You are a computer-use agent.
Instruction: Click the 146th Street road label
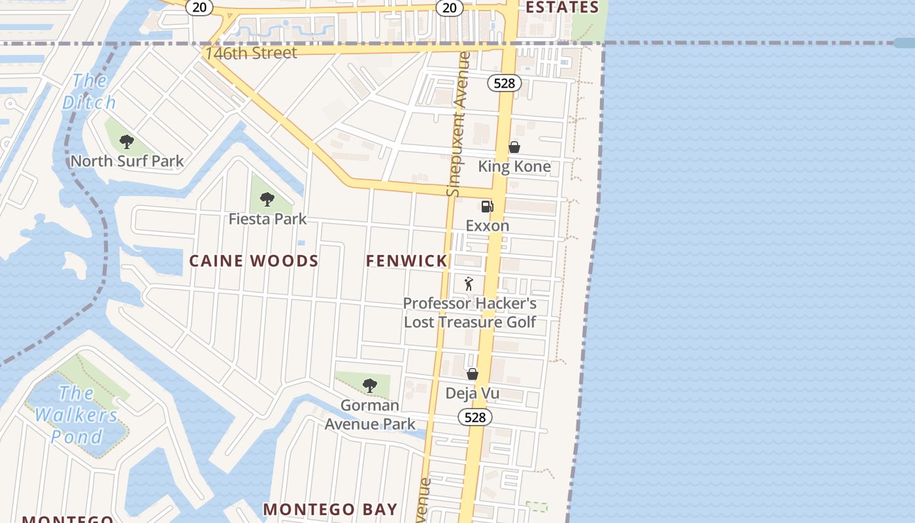251,53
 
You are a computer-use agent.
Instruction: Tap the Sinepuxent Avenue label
458,124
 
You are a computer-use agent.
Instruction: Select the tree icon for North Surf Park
127,141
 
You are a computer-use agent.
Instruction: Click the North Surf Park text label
127,161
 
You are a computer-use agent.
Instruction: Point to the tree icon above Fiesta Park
267,199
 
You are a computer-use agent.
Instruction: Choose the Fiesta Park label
267,219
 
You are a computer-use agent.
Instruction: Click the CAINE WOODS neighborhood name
254,261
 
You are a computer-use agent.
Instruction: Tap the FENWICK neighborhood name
407,261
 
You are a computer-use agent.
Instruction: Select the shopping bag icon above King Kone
514,147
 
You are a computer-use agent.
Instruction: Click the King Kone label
514,166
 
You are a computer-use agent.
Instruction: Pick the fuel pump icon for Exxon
487,207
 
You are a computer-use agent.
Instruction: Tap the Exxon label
487,226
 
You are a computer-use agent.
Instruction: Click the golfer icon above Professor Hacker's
469,284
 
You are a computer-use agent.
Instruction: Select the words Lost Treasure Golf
469,322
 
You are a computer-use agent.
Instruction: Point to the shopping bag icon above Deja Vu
472,374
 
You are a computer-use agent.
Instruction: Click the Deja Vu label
472,393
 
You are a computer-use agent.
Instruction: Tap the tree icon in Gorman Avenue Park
370,386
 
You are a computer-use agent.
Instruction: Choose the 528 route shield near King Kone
504,83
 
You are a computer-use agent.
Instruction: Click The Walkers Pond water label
76,414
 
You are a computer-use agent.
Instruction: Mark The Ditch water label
90,92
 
